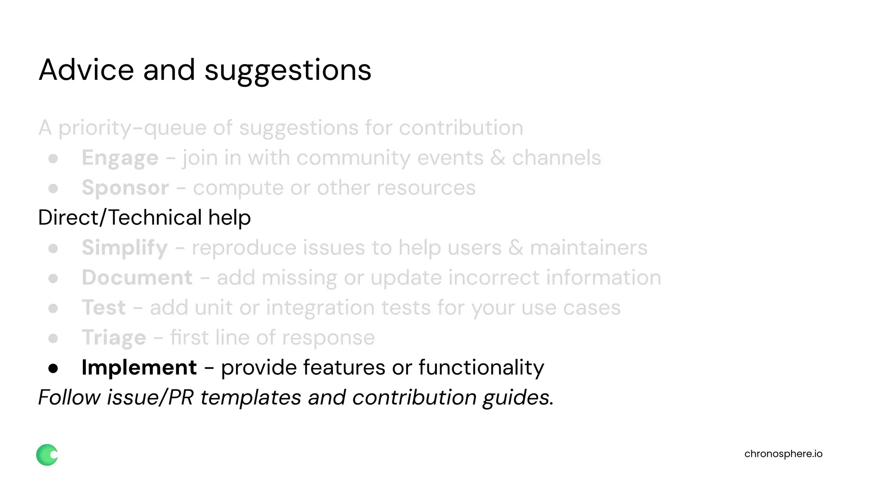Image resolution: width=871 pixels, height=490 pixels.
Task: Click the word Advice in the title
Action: click(86, 70)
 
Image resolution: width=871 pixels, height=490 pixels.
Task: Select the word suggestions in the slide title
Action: click(287, 71)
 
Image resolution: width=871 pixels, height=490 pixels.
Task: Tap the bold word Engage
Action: click(120, 158)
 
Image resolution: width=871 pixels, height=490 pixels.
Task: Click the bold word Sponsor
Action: click(125, 188)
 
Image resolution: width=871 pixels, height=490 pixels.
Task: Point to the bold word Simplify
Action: click(125, 248)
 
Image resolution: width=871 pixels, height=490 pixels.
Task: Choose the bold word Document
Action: click(137, 278)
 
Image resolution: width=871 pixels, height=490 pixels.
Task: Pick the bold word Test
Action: click(103, 308)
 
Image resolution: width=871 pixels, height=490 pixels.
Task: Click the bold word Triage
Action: click(114, 338)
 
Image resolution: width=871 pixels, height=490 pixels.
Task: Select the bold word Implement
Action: click(139, 367)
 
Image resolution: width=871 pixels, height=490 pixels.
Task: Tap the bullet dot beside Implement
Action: click(53, 368)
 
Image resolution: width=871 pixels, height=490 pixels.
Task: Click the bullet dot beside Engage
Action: click(53, 159)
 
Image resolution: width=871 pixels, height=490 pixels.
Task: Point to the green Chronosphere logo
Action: click(47, 455)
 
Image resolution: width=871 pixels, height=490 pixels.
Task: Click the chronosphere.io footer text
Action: click(783, 454)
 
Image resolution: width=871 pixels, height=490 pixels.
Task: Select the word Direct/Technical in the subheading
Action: click(120, 218)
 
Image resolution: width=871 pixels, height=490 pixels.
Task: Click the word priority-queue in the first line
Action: click(132, 128)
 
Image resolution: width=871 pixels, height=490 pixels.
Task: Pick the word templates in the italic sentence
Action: click(251, 398)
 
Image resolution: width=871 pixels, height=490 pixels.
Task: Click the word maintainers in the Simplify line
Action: click(589, 248)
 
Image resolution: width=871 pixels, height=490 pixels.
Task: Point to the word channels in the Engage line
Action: click(556, 158)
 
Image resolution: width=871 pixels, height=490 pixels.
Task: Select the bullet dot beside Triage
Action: click(53, 339)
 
